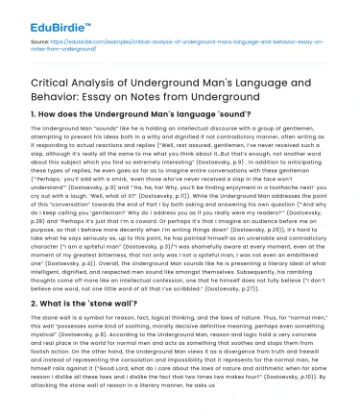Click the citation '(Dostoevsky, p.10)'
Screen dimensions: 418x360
[282, 399]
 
